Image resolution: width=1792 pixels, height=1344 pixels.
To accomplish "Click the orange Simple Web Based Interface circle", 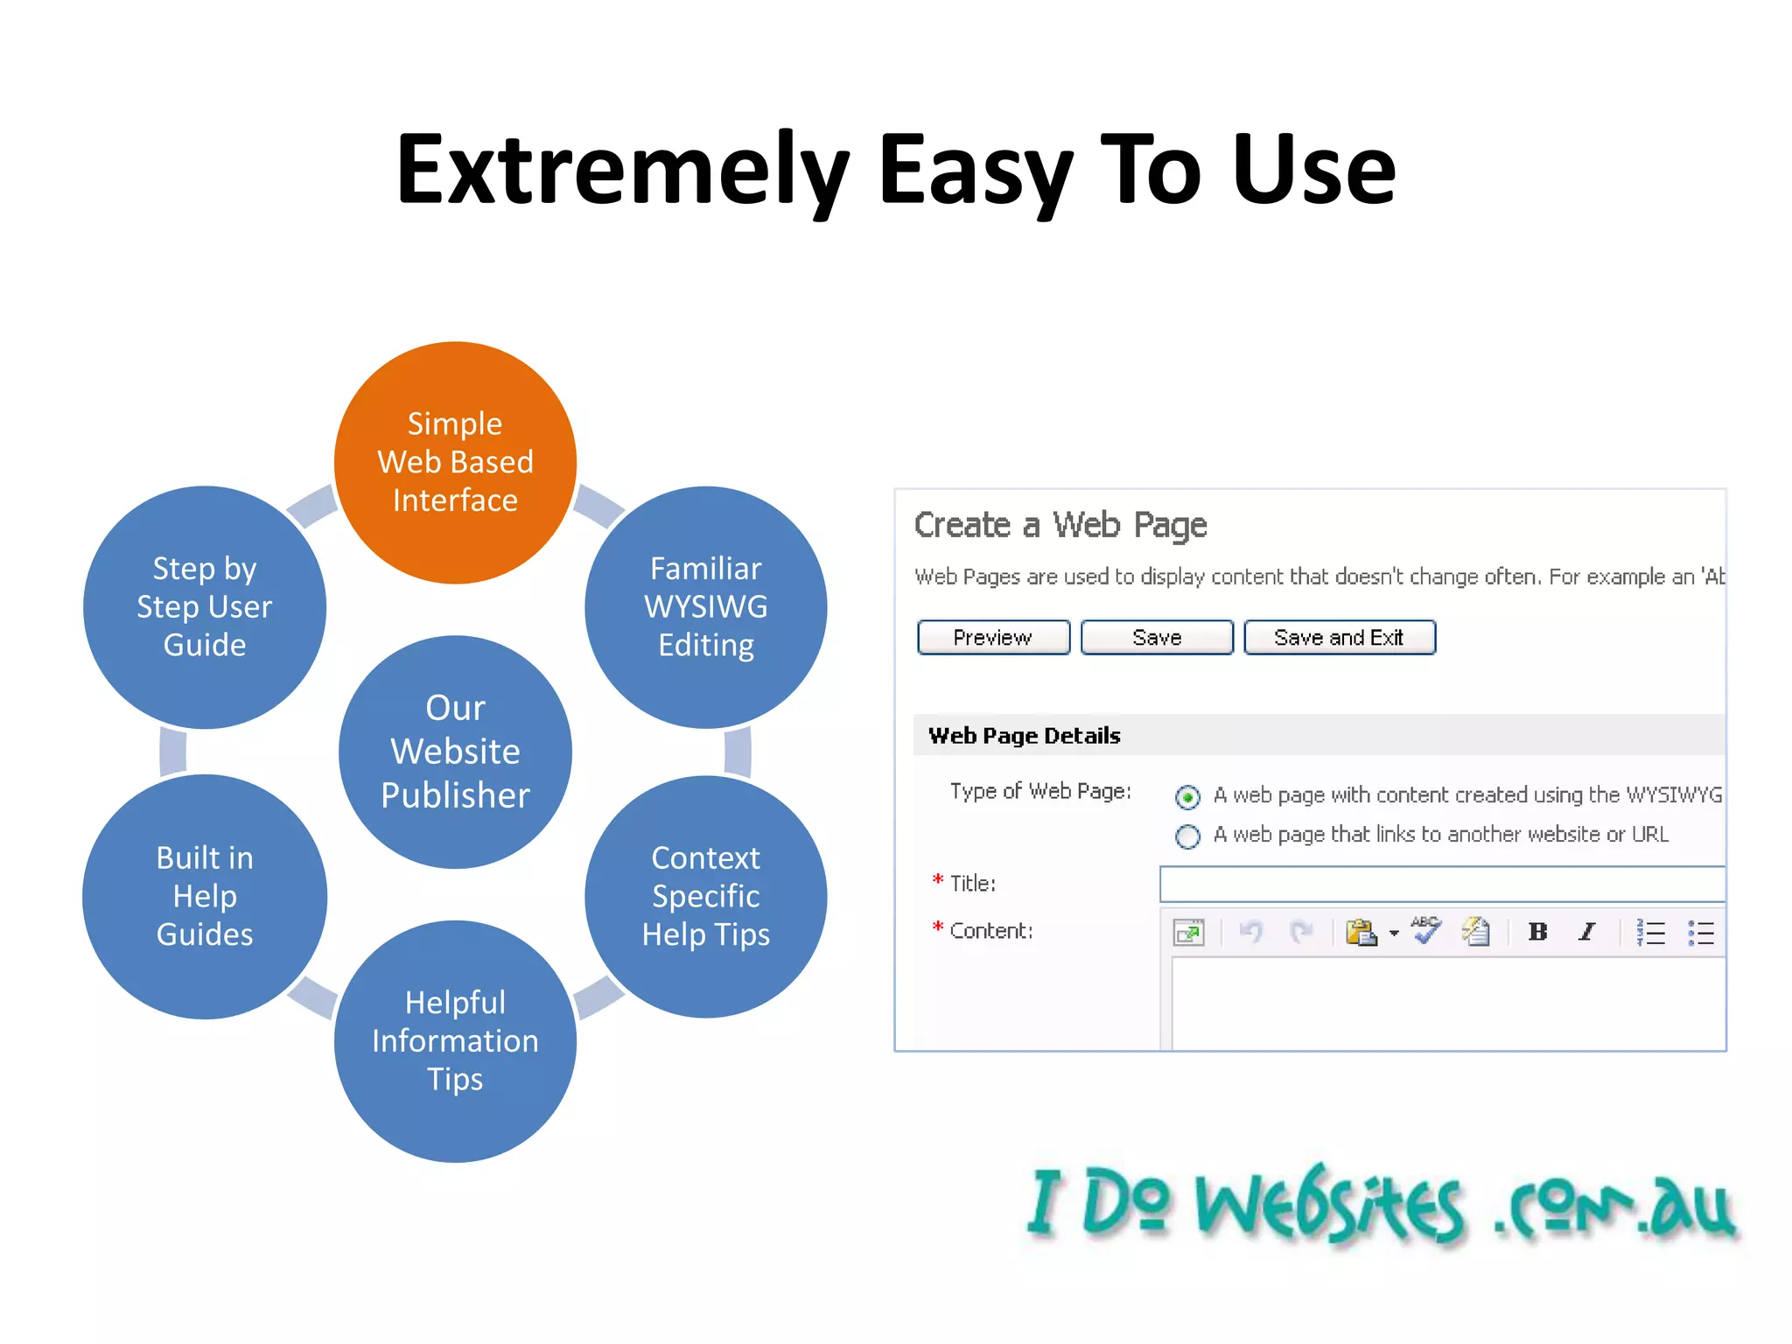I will click(x=455, y=462).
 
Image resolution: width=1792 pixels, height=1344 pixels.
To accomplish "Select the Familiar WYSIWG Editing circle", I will click(x=705, y=606).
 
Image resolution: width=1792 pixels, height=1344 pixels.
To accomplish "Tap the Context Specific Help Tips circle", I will click(x=705, y=896).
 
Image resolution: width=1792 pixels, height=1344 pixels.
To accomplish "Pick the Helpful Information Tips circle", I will click(x=455, y=1040).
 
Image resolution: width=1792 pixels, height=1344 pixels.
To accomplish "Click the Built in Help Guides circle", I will click(x=205, y=896).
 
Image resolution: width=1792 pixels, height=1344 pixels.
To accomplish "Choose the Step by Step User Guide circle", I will click(x=205, y=606).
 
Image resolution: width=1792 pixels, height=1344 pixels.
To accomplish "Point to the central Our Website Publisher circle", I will click(x=455, y=752).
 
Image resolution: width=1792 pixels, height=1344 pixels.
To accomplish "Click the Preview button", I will click(x=993, y=637).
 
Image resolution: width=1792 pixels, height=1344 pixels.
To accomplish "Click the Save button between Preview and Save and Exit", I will click(x=1157, y=637).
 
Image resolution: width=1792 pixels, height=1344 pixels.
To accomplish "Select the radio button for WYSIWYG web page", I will click(x=1187, y=797).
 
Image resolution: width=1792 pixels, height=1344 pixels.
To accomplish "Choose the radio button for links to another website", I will click(x=1187, y=836).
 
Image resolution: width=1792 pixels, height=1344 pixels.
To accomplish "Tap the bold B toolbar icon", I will click(x=1537, y=932).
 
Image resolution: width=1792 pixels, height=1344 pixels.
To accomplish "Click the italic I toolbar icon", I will click(x=1586, y=932).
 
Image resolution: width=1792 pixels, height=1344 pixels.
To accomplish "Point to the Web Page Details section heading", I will click(x=1024, y=735).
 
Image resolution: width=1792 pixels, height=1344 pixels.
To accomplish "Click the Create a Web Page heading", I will click(x=1060, y=525).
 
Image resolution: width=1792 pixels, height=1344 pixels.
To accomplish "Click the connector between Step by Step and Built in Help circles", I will click(x=173, y=752).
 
